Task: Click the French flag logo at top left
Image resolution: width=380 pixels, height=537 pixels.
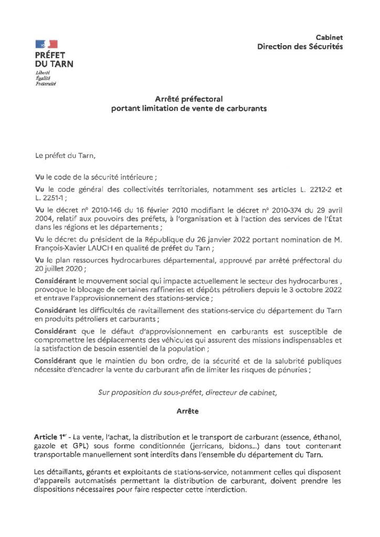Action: [46, 44]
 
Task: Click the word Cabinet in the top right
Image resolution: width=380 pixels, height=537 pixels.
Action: [329, 38]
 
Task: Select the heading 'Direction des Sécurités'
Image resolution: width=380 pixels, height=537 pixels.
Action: [300, 47]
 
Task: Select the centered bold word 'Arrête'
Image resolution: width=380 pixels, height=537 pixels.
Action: [188, 412]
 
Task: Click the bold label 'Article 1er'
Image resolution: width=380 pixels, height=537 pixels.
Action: [52, 437]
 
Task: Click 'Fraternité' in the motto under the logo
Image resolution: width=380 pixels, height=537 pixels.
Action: [46, 83]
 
